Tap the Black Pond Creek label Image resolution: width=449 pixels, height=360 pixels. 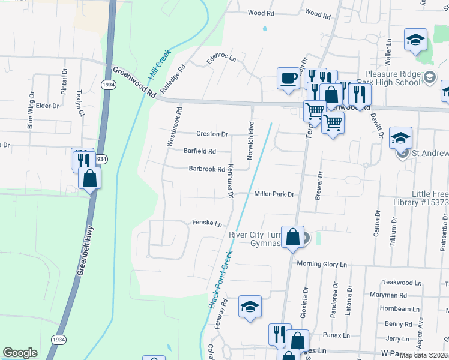click(x=220, y=279)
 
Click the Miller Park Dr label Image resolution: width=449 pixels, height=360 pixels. click(x=274, y=194)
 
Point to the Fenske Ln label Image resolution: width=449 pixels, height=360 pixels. click(x=203, y=223)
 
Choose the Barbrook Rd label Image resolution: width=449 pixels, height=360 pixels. click(x=206, y=169)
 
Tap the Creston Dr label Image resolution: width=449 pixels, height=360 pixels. click(x=212, y=134)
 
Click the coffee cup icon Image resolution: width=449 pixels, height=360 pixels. click(x=289, y=78)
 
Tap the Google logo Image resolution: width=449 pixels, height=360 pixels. click(x=20, y=352)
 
